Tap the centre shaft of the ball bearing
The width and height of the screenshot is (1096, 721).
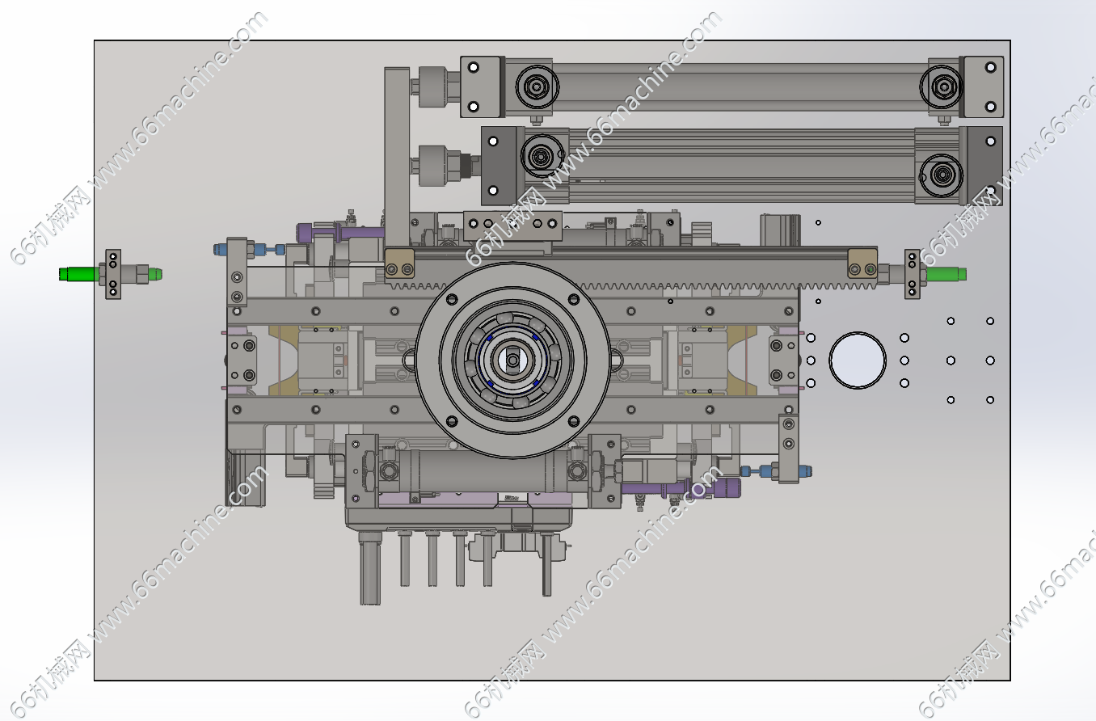tap(512, 360)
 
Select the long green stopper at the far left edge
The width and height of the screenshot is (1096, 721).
tap(79, 274)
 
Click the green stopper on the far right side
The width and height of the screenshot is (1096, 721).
tap(946, 274)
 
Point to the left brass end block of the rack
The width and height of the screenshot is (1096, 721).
tap(399, 264)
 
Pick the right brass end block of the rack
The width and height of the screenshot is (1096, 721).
tap(862, 264)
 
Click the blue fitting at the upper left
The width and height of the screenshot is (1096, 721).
tap(220, 250)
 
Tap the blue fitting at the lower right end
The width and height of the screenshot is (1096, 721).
tap(805, 471)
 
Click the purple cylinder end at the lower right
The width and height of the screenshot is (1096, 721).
tap(730, 487)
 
